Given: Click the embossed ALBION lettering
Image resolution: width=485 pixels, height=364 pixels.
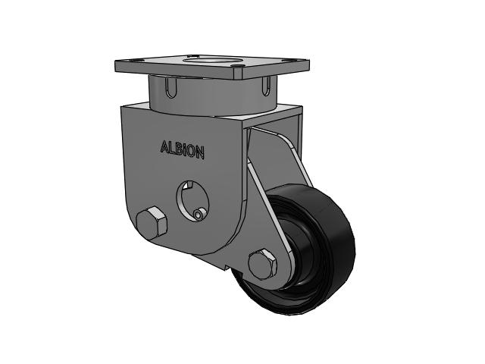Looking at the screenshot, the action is click(182, 150).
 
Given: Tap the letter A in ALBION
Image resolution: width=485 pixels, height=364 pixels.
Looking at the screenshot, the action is click(164, 146).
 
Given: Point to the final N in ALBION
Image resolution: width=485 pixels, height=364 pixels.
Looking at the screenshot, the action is click(199, 152).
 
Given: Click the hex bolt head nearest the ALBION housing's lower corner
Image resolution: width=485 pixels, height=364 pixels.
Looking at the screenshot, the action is click(152, 224).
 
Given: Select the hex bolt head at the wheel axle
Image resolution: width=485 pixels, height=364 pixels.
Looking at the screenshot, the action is click(262, 265).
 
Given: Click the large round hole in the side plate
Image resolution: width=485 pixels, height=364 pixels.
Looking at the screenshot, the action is click(192, 200).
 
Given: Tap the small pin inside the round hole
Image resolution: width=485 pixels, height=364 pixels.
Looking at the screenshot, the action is click(198, 213).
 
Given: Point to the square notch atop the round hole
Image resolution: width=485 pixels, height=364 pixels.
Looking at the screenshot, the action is click(187, 185).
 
